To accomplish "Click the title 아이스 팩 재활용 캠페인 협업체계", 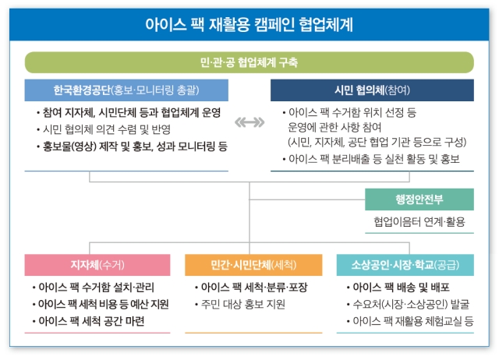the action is click(x=249, y=24).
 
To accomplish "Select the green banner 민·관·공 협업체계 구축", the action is click(x=249, y=62).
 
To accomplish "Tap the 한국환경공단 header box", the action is click(x=126, y=90).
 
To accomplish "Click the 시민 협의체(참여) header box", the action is click(x=372, y=90).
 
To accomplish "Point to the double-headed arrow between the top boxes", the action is click(x=249, y=122).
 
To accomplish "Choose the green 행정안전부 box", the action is click(x=419, y=199).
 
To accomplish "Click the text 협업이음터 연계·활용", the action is click(x=419, y=221).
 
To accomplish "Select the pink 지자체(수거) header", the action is click(x=97, y=265).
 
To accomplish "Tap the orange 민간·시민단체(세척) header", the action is click(x=253, y=265).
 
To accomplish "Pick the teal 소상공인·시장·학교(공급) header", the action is click(x=405, y=265).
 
